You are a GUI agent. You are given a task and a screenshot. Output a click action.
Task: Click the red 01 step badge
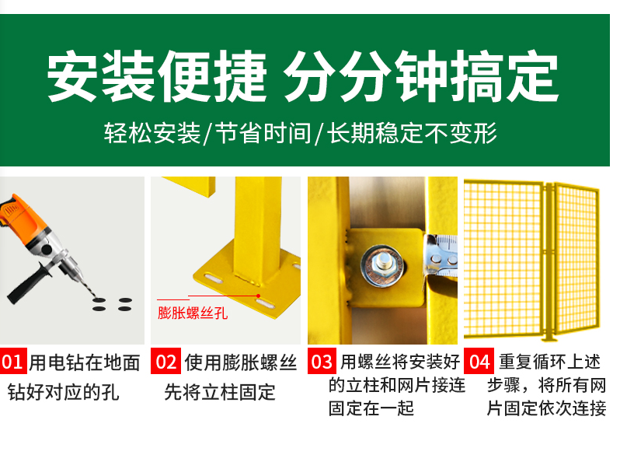[13, 361]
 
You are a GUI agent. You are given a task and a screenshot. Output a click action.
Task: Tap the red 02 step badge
[165, 361]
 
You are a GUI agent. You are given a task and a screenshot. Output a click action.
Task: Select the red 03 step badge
[322, 361]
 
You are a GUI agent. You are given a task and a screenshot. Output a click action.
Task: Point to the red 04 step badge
[479, 361]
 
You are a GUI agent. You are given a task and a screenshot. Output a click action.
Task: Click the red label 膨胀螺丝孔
[193, 313]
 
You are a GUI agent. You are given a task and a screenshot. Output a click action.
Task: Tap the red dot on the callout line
[258, 296]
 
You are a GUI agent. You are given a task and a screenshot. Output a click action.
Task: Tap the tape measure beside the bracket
[441, 255]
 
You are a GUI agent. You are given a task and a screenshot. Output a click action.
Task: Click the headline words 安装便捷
[157, 76]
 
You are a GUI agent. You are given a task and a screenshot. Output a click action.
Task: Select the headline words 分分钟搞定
[421, 76]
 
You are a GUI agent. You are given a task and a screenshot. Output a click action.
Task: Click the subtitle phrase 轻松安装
[152, 133]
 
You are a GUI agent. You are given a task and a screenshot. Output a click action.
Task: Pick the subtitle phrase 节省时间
[263, 133]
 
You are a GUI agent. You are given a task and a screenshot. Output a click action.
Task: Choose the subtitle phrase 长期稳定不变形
[412, 133]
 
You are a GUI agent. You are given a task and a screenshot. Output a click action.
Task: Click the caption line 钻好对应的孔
[63, 392]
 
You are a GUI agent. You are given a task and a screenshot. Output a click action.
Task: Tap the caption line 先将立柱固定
[220, 392]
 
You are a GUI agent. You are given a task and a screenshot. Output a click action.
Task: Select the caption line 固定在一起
[371, 408]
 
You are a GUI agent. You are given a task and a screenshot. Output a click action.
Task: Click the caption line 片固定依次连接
[546, 408]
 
